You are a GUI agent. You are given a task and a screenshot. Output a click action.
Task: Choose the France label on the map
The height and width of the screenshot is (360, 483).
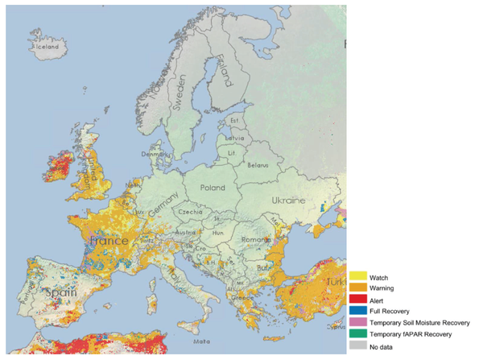[x=110, y=241]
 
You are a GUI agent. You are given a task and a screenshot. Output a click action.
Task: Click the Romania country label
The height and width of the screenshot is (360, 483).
[x=258, y=240]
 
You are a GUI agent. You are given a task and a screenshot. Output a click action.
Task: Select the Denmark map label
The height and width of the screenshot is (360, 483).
[x=155, y=154]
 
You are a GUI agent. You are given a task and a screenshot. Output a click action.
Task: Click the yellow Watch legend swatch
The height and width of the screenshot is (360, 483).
[x=358, y=276]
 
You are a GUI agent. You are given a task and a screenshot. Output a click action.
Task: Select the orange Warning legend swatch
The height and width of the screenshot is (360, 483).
[x=358, y=288]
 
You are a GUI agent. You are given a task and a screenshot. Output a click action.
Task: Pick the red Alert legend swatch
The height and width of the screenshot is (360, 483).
[x=358, y=299]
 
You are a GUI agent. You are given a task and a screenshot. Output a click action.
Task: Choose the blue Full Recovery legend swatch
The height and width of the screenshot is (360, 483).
[x=358, y=310]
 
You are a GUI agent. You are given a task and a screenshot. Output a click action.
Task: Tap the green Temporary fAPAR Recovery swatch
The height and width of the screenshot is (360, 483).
[x=358, y=333]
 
